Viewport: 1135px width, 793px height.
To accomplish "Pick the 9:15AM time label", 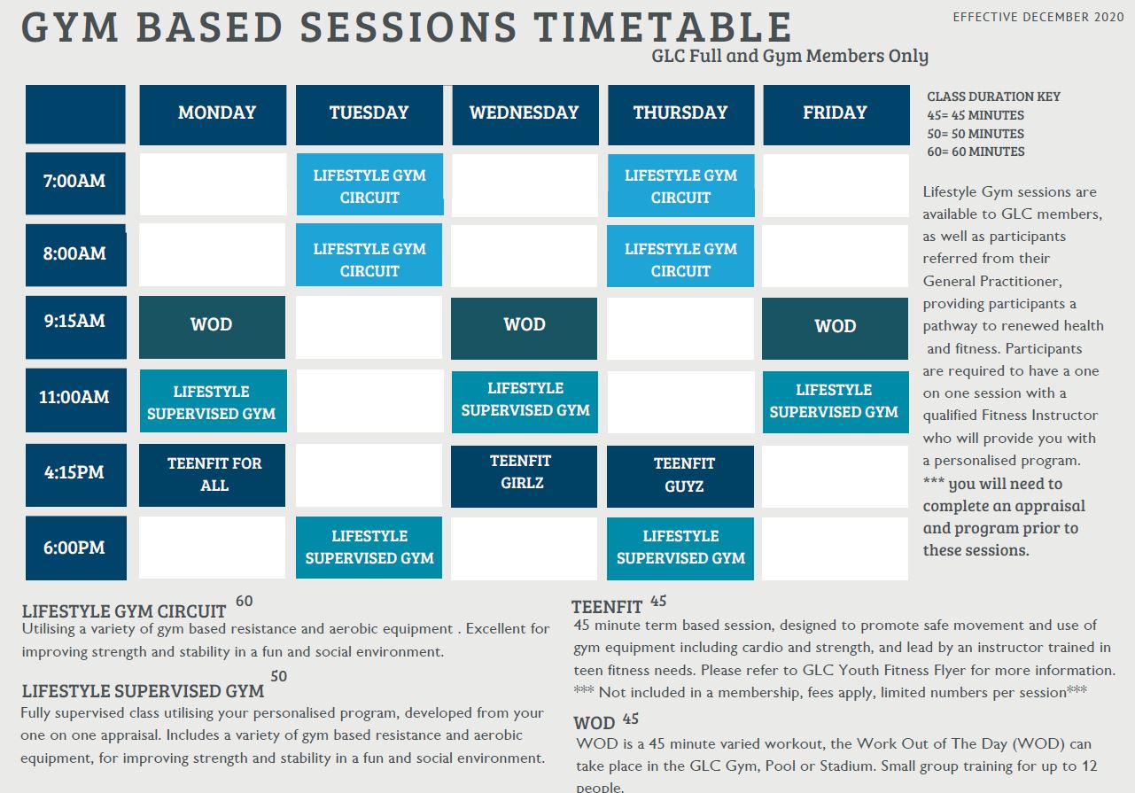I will click(75, 322).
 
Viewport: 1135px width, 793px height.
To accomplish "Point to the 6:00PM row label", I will click(75, 548).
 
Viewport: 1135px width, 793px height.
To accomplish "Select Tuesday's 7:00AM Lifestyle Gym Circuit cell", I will click(369, 185).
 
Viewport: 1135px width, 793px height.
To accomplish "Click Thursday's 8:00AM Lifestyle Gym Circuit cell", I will click(680, 258).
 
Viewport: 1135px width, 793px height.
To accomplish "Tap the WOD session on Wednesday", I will click(525, 326).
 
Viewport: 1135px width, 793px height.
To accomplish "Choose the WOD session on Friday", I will click(836, 327).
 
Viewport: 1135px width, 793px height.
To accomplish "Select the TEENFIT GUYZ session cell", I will click(680, 476).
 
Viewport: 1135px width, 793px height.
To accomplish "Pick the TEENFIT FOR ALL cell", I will click(213, 475).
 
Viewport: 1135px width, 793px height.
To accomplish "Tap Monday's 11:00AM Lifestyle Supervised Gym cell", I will click(213, 402).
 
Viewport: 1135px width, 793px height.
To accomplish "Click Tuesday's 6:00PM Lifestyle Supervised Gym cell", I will click(369, 548).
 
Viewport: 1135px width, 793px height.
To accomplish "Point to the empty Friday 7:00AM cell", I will click(836, 185).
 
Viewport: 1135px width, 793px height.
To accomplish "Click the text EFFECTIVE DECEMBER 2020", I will click(1032, 17).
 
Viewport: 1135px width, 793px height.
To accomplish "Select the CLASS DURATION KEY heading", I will click(993, 97).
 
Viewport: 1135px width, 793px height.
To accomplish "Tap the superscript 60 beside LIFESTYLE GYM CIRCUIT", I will click(244, 602).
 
